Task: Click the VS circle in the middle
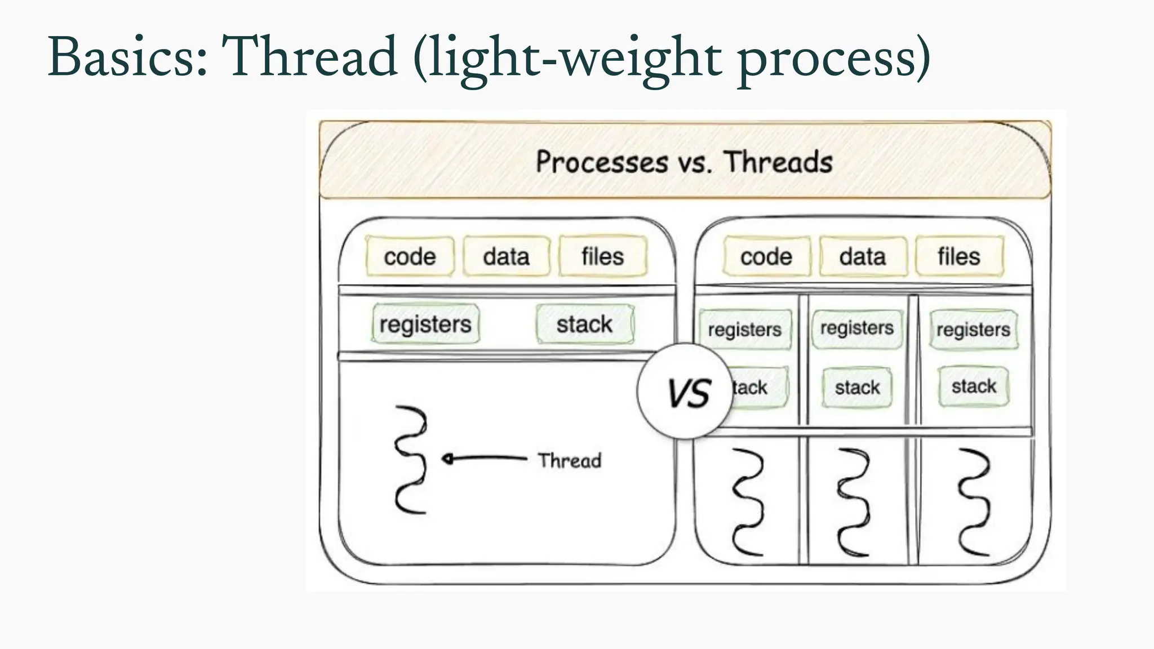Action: coord(685,392)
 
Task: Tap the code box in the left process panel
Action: coord(410,257)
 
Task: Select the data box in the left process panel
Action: coord(506,257)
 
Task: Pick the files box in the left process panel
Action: coord(602,257)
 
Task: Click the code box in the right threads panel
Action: coord(766,257)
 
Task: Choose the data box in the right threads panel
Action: coord(863,257)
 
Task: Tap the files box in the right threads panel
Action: coord(959,257)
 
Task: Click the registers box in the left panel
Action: coord(425,324)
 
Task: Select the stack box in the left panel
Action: coord(584,324)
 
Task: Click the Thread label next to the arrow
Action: coord(569,460)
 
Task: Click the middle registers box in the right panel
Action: coord(856,328)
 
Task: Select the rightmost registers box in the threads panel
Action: coord(973,330)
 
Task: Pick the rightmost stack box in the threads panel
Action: coord(974,386)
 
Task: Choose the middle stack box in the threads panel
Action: coord(857,388)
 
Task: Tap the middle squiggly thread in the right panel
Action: coord(854,501)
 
